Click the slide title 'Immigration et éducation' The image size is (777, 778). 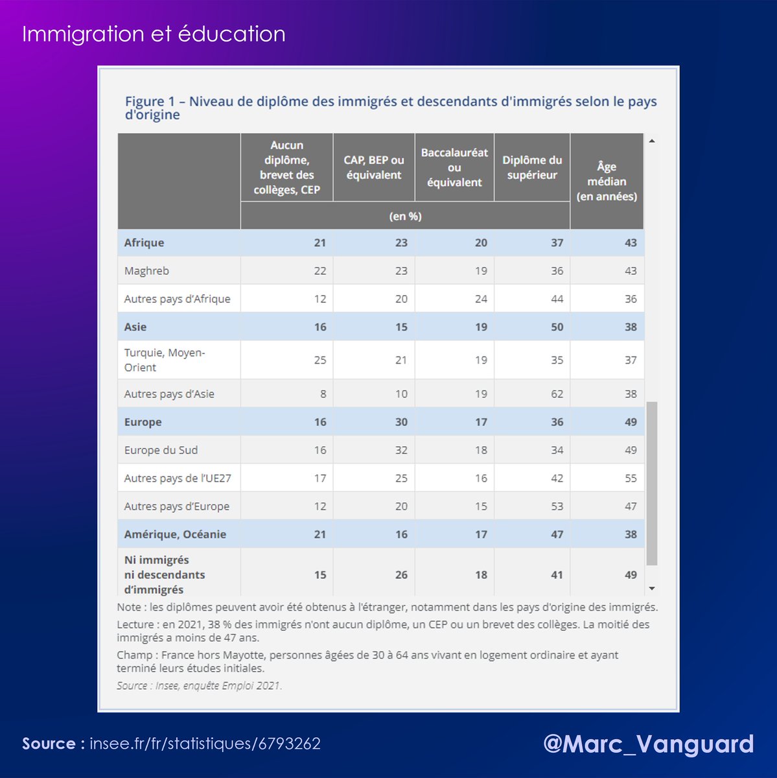(154, 34)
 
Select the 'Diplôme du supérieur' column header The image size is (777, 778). (532, 167)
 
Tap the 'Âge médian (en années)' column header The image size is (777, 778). (607, 182)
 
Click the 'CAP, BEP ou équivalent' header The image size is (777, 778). (374, 167)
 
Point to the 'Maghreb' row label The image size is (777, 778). (146, 271)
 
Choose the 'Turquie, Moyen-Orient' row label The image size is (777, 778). (165, 360)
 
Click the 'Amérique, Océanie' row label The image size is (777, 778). (175, 534)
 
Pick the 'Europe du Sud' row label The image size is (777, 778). (161, 450)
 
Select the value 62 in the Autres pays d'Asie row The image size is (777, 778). (557, 394)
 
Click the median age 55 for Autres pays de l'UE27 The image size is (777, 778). (631, 478)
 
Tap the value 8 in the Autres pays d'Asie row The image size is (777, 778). (323, 394)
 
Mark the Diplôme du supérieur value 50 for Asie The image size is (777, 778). (557, 327)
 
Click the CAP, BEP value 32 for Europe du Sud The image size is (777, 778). (401, 450)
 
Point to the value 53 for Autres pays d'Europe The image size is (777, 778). (557, 506)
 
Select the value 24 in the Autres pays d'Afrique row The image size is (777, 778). (480, 299)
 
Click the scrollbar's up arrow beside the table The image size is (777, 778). (652, 141)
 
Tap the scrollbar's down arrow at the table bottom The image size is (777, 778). (652, 589)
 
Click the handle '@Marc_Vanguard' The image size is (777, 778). (648, 744)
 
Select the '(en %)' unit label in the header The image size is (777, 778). (405, 217)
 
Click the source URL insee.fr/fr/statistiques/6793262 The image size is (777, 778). (205, 744)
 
